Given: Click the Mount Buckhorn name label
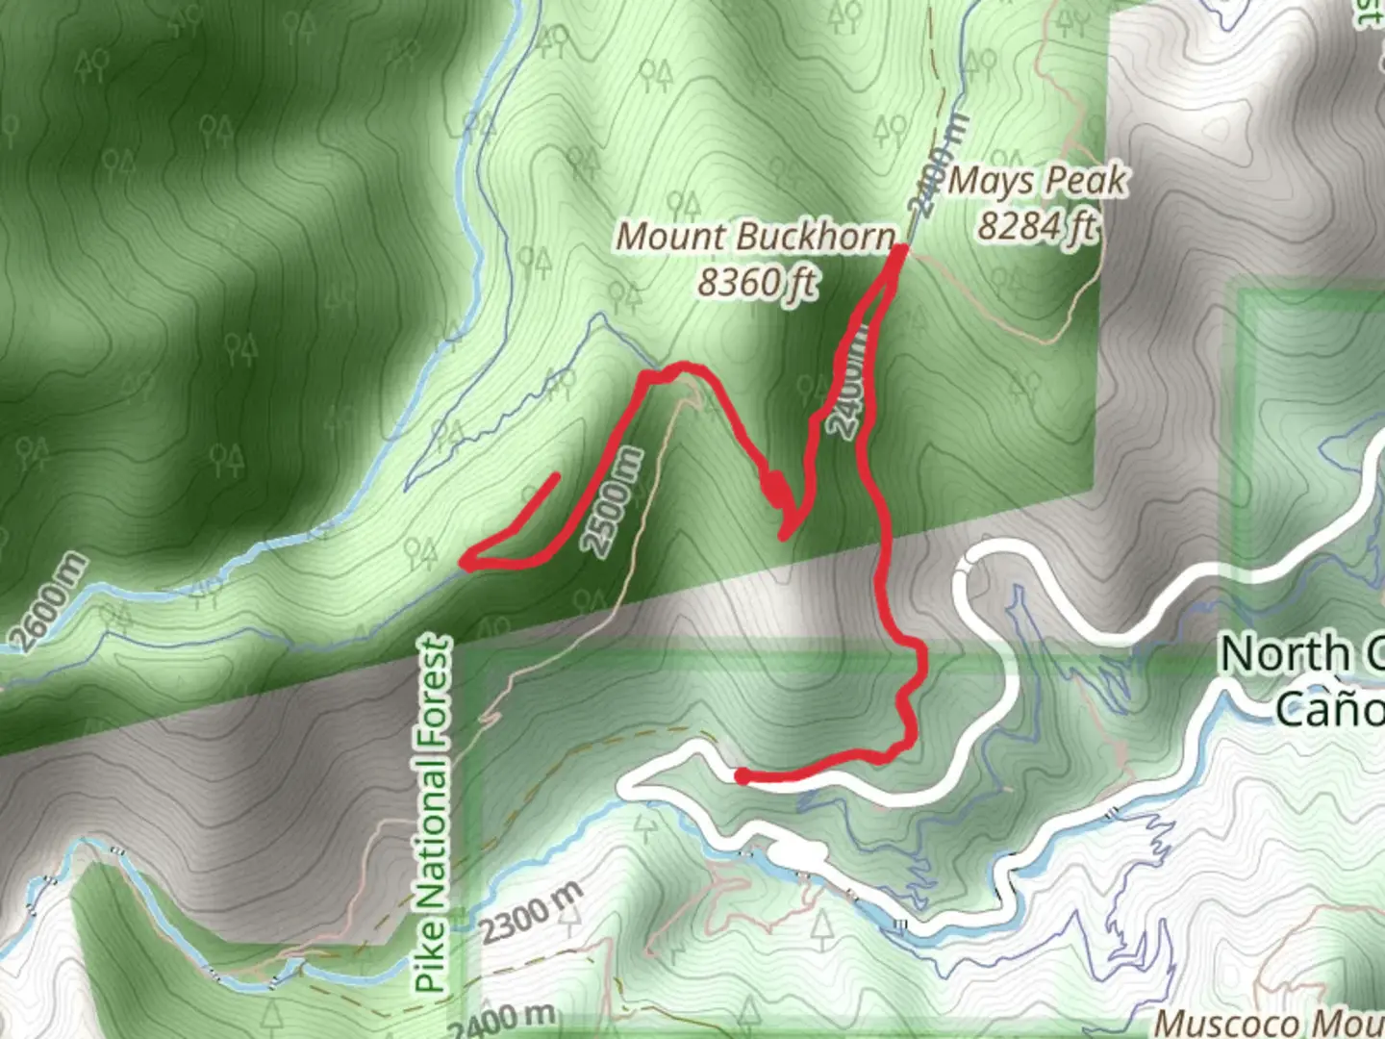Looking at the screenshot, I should coord(755,237).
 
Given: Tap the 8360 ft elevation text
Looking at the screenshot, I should coord(757,283).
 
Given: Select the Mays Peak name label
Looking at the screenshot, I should coord(1037,181).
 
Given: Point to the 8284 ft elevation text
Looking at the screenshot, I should coord(1037,226).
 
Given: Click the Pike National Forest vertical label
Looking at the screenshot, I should coord(432,814).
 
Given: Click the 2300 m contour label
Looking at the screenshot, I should coord(531,914).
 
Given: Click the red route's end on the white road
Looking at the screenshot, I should coord(742,775).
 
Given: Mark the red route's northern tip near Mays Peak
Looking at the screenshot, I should coord(900,251).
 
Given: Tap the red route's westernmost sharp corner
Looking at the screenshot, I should coord(465,562).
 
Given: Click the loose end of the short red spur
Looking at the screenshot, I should coord(556,475).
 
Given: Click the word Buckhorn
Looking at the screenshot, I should coord(817,237).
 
